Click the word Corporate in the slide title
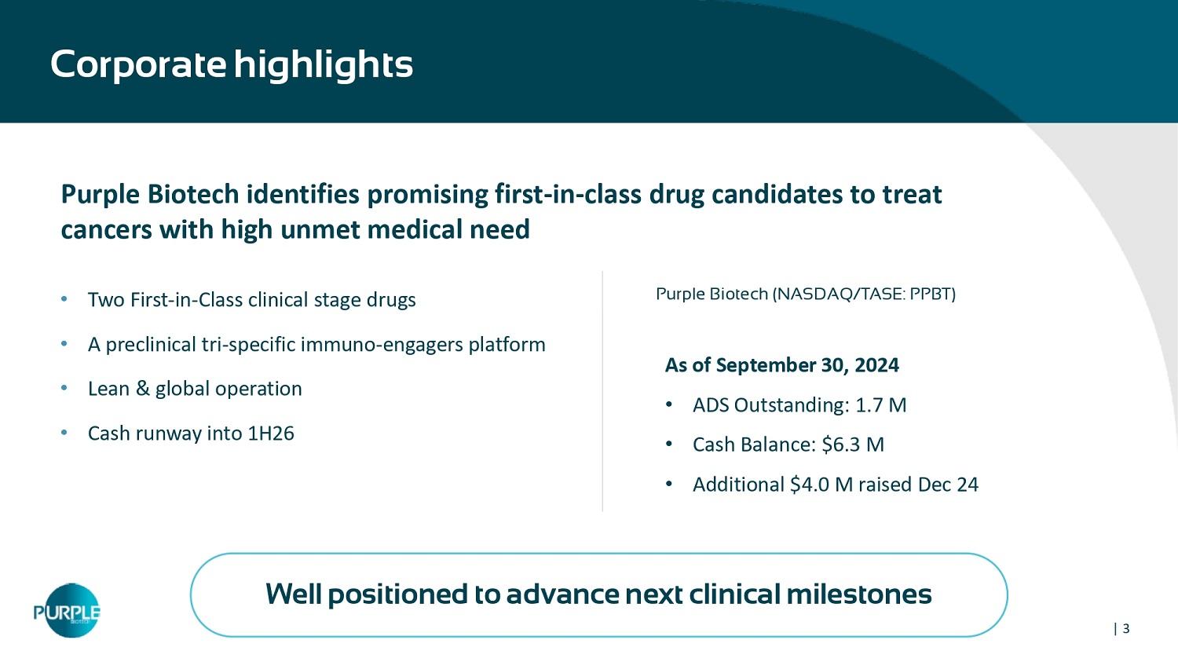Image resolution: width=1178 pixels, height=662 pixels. (x=138, y=64)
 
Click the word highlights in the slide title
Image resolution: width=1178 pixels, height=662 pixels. (x=324, y=64)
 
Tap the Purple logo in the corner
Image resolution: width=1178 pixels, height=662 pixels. (x=68, y=610)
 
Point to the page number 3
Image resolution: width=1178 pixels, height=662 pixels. (x=1126, y=628)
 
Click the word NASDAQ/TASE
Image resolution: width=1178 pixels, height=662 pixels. (x=840, y=294)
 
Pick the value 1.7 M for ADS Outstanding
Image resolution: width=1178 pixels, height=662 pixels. (x=881, y=405)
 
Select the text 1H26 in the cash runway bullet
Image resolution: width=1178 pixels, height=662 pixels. (x=271, y=433)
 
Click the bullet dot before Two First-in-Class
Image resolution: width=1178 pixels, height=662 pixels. (x=64, y=299)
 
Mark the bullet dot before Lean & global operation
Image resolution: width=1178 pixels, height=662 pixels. (x=64, y=388)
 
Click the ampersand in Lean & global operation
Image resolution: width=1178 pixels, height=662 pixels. (x=142, y=389)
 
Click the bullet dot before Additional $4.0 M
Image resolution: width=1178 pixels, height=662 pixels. (x=669, y=484)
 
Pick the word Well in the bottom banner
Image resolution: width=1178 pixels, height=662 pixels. (x=294, y=594)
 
